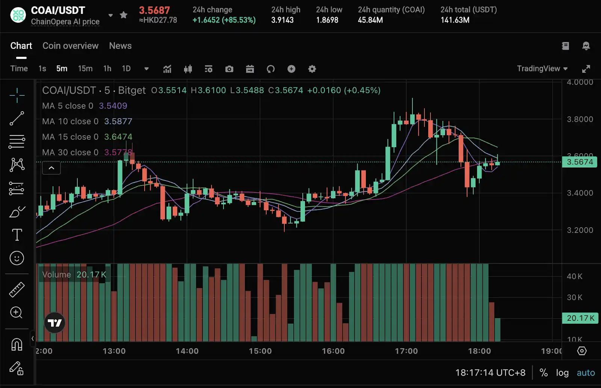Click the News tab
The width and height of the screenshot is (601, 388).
coord(120,46)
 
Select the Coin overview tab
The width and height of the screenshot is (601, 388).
coord(70,46)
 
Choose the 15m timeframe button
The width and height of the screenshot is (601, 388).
coord(85,69)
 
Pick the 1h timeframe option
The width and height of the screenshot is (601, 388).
coord(107,69)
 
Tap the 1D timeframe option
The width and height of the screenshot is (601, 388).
coord(126,69)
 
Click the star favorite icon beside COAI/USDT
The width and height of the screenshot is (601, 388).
coord(124,15)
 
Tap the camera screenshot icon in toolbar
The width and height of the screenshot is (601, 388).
coord(229,69)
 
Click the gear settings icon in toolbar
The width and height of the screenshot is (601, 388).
coord(312,69)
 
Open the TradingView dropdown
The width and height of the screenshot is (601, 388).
coord(542,69)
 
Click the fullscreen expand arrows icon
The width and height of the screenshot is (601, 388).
coord(586,69)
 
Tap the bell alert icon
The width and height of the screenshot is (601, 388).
coord(586,46)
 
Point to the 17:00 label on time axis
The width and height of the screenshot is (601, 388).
coord(406,351)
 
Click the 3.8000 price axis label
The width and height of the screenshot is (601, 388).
coord(580,119)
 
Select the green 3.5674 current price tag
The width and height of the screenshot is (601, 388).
coord(580,162)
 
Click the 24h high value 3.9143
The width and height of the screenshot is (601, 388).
coord(282,20)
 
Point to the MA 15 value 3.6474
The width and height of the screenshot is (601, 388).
coord(118,137)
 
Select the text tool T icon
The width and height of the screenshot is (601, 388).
coord(17,235)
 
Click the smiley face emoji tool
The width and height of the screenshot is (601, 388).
coord(17,258)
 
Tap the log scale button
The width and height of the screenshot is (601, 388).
coord(562,373)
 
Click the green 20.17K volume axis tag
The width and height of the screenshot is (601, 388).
coord(580,319)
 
